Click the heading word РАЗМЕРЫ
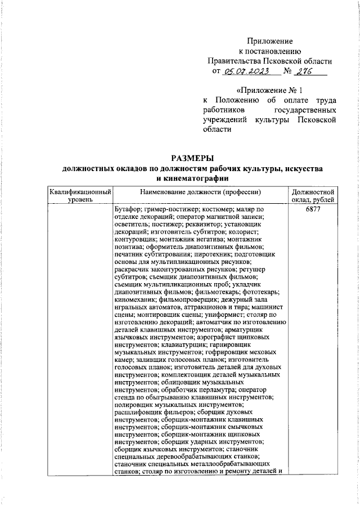pos(193,158)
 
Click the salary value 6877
pos(314,209)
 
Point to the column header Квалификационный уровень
pos(79,196)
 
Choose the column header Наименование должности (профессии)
pos(201,192)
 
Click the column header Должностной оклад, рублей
pos(314,196)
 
